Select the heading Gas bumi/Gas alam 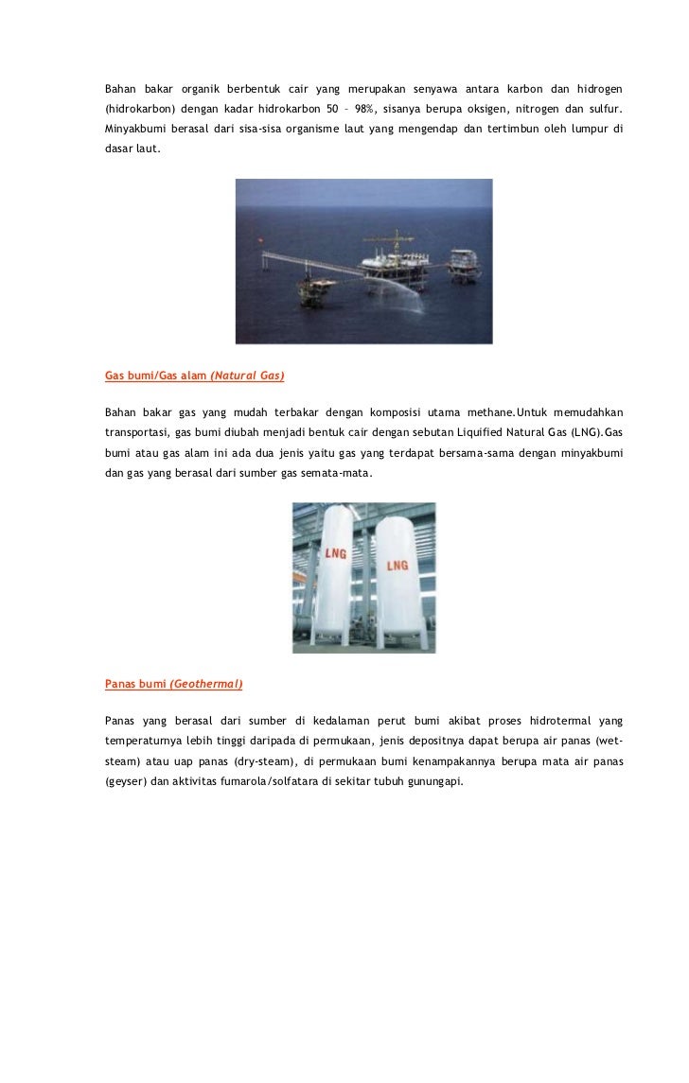155,376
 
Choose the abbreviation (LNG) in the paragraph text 575,432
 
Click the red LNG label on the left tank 335,553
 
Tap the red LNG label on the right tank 397,566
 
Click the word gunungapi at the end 434,782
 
